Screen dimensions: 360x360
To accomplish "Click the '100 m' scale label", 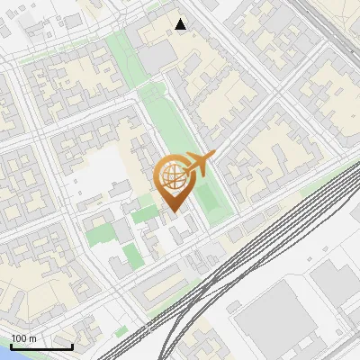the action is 24,337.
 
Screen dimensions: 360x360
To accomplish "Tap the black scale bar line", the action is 41,346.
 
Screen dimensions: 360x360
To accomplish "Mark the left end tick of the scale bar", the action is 11,345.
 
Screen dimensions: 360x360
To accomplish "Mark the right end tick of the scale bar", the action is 72,345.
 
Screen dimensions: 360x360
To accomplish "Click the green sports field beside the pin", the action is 209,198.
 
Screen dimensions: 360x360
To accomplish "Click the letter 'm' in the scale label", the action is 33,337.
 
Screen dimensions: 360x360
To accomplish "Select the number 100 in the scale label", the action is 20,337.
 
